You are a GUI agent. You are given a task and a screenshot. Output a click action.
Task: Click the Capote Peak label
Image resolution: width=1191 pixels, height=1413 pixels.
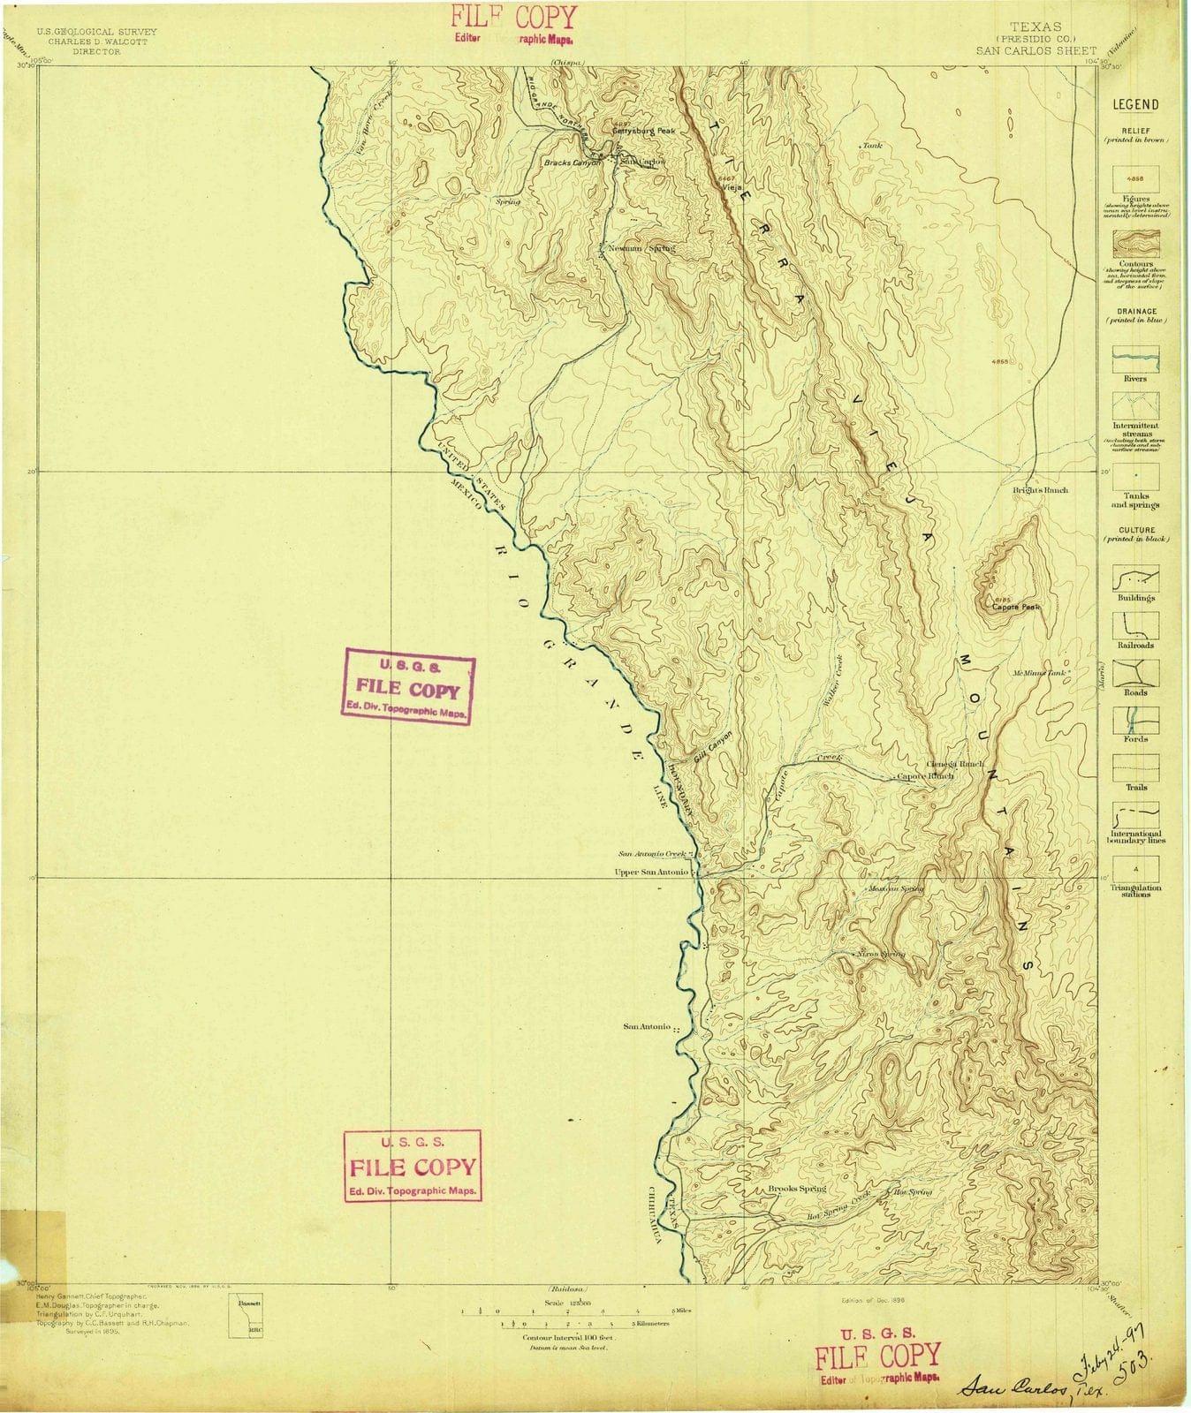pyautogui.click(x=1016, y=608)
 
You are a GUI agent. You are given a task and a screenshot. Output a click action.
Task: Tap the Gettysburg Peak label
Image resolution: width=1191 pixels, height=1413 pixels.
pyautogui.click(x=643, y=131)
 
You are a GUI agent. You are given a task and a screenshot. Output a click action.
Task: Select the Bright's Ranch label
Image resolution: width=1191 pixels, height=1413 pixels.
pyautogui.click(x=1040, y=490)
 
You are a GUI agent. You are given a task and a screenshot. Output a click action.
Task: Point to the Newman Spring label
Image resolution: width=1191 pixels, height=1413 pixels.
pyautogui.click(x=641, y=249)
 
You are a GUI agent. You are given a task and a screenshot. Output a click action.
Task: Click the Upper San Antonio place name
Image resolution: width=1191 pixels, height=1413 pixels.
pyautogui.click(x=651, y=873)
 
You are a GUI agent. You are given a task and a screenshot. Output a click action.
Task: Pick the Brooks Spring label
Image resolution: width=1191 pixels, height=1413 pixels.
pyautogui.click(x=797, y=1189)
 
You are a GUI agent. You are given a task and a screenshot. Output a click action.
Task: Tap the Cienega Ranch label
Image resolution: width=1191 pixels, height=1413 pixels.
pyautogui.click(x=955, y=764)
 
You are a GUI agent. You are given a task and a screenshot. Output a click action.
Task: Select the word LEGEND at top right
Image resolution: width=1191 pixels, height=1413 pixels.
pyautogui.click(x=1135, y=104)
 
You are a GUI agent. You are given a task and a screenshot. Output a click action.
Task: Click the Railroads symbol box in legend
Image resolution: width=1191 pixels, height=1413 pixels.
pyautogui.click(x=1135, y=625)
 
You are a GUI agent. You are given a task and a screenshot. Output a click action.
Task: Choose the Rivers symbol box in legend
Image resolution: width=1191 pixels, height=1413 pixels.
pyautogui.click(x=1135, y=359)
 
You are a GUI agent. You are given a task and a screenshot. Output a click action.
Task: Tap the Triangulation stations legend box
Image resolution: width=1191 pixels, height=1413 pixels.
pyautogui.click(x=1135, y=868)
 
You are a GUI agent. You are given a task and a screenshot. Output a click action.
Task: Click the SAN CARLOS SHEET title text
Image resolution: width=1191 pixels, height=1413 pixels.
pyautogui.click(x=1035, y=51)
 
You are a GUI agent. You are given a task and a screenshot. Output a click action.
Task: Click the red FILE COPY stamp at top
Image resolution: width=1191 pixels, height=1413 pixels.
pyautogui.click(x=513, y=18)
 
